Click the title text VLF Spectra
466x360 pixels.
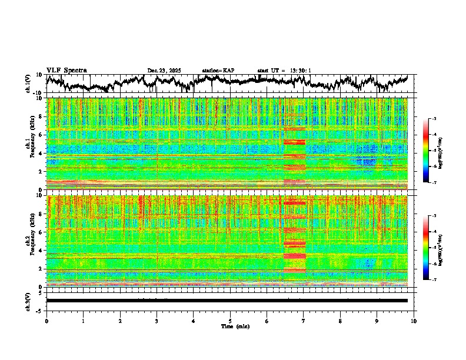click(66, 70)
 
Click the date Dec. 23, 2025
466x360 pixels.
click(164, 71)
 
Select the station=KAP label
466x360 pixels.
click(218, 71)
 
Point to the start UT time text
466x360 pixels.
click(284, 71)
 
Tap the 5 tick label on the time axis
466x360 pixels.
click(230, 321)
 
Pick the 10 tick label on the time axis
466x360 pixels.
click(414, 321)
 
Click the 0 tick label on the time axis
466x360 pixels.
click(46, 321)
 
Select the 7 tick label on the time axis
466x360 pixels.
click(304, 321)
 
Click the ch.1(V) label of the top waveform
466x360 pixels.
click(28, 84)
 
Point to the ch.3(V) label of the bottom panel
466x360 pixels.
click(28, 301)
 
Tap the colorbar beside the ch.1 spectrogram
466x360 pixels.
click(431, 151)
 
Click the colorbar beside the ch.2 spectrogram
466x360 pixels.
click(431, 248)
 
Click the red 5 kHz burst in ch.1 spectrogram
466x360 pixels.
click(294, 142)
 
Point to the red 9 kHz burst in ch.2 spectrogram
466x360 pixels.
click(294, 203)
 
